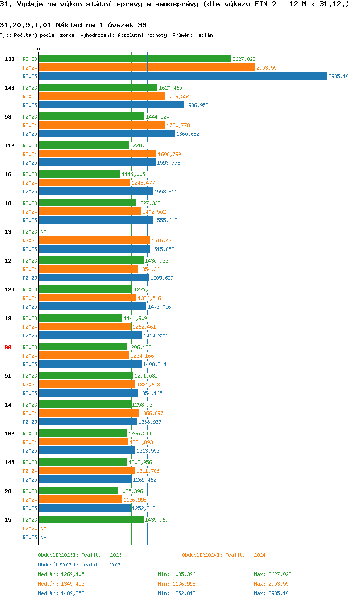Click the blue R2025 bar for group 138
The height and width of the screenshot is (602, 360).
pos(182,76)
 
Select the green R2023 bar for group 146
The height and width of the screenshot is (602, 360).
pos(98,88)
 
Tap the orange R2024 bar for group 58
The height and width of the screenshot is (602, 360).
pos(102,125)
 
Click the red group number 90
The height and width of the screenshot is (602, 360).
pos(8,347)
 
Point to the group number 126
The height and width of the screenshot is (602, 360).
pos(9,289)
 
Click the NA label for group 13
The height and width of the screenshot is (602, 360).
pos(43,232)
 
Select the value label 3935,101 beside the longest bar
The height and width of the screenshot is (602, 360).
pos(340,76)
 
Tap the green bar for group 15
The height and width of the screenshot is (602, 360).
pos(91,520)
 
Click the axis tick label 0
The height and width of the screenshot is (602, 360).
pos(39,49)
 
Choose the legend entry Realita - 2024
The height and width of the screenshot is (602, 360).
pos(224,555)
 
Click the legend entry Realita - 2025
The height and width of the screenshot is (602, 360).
pos(80,565)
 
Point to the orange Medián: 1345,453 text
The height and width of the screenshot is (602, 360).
pos(62,584)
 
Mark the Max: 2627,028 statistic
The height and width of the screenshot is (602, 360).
pos(273,574)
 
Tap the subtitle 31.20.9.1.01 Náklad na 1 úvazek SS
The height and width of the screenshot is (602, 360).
pos(73,24)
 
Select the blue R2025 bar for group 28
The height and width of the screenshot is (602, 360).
pos(84,508)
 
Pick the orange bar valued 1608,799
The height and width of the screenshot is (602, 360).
pos(97,154)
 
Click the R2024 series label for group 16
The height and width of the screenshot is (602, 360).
pos(30,183)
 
